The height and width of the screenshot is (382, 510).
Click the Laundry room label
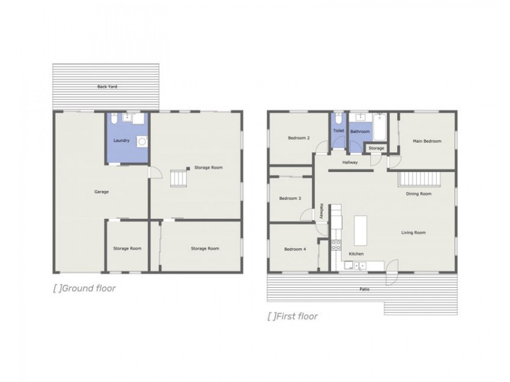click(x=121, y=140)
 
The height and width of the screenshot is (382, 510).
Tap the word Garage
click(x=101, y=191)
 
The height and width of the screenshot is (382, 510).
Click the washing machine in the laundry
click(x=142, y=141)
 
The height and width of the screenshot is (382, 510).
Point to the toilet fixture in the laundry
click(x=113, y=118)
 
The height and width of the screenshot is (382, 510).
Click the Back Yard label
click(x=106, y=87)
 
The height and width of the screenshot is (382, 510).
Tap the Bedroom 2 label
click(x=299, y=138)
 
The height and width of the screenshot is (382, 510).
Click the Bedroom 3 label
click(x=290, y=199)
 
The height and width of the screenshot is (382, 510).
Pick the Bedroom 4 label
click(x=295, y=249)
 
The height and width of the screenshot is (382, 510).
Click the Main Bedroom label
click(x=427, y=141)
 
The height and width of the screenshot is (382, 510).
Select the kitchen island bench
click(x=361, y=230)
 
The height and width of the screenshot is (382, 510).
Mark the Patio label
click(x=363, y=289)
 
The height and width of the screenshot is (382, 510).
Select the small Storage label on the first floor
click(x=376, y=148)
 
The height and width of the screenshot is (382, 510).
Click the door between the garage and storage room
click(x=151, y=173)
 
